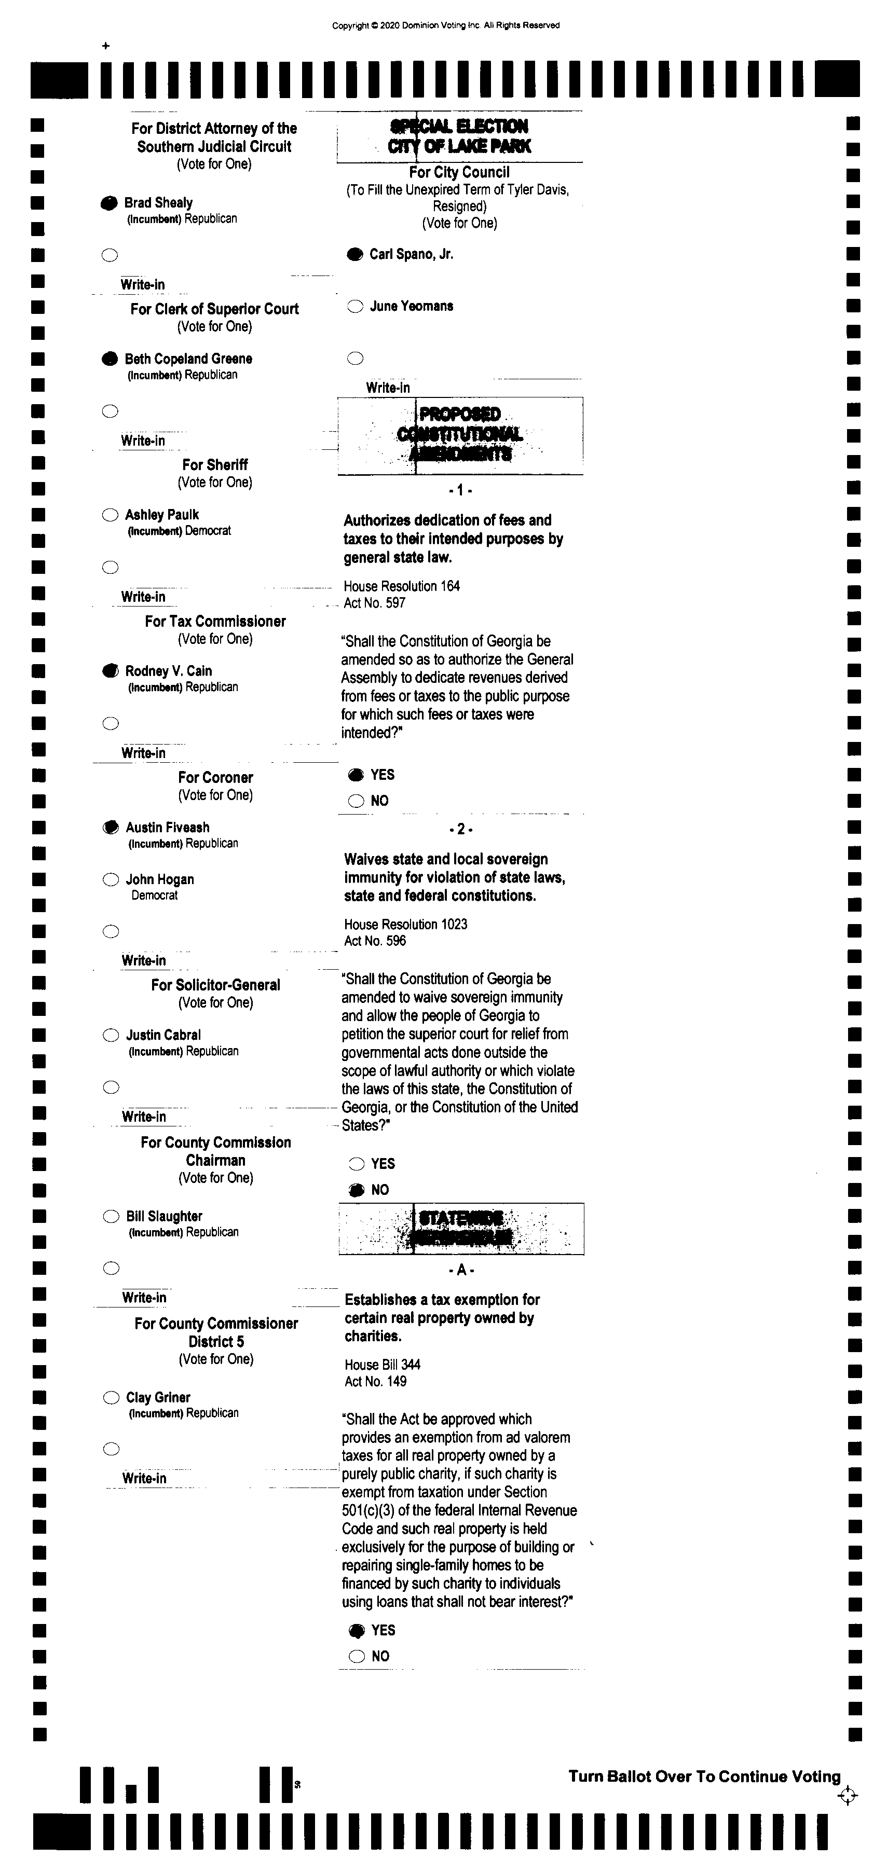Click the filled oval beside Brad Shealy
[109, 203]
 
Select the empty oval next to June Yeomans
[355, 307]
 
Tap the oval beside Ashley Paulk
[110, 515]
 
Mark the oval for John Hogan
[111, 880]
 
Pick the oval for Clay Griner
[111, 1397]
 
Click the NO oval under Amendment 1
[356, 801]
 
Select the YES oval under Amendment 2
[356, 1163]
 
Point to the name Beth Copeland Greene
[188, 359]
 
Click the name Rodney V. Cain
[169, 671]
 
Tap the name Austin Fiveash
[167, 827]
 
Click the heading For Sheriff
[215, 465]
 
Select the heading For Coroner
[215, 778]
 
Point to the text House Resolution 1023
[406, 925]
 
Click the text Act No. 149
[375, 1382]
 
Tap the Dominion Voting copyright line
[446, 25]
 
